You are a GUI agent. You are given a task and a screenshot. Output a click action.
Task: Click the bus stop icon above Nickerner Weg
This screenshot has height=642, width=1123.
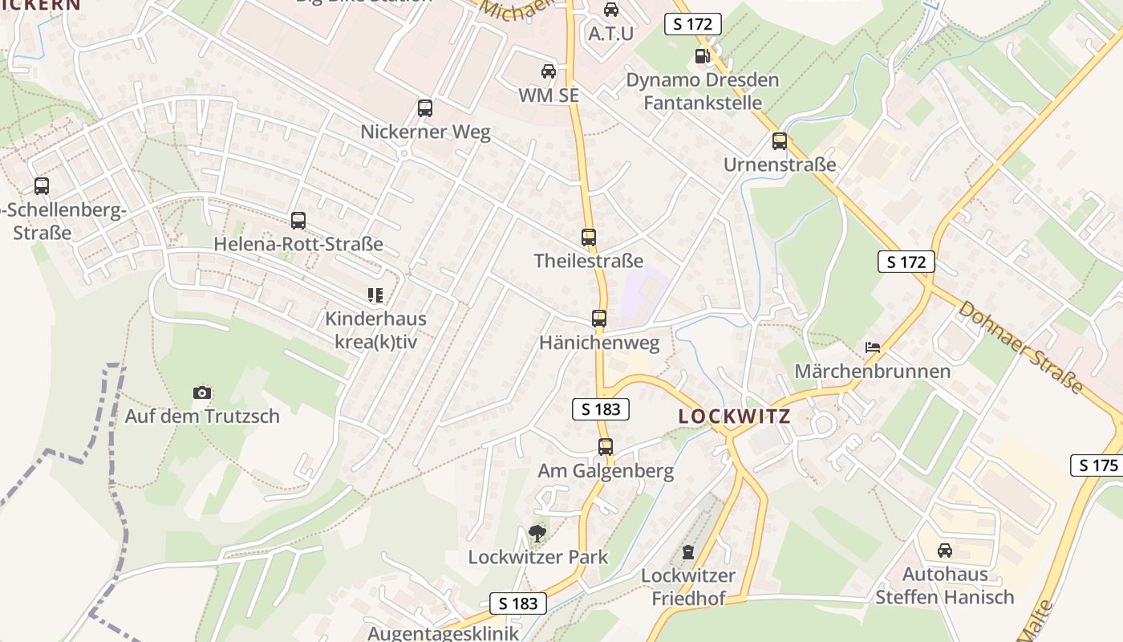click(x=425, y=108)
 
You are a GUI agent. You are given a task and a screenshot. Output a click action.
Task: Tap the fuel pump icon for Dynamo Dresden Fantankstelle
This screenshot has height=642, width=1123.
click(x=703, y=55)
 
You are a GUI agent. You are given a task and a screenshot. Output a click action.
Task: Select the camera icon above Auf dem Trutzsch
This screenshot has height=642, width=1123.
click(x=202, y=392)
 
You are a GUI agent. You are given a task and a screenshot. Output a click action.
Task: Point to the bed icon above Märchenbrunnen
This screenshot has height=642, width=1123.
click(x=873, y=347)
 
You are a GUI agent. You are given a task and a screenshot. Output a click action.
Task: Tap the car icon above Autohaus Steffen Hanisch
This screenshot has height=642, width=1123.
click(x=945, y=551)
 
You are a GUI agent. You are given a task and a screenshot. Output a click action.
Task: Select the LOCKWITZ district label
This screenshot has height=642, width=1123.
click(x=734, y=416)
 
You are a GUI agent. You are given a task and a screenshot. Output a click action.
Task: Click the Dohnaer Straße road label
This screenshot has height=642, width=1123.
click(x=1020, y=347)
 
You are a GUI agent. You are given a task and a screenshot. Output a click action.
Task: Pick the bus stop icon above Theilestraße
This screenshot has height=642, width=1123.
click(x=589, y=238)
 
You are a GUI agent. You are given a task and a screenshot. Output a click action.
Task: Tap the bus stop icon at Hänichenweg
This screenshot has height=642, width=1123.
click(x=599, y=319)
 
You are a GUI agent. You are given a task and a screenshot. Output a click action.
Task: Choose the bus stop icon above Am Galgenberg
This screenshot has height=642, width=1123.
click(x=606, y=447)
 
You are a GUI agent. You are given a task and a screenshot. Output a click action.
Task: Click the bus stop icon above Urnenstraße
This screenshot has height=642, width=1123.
click(x=779, y=141)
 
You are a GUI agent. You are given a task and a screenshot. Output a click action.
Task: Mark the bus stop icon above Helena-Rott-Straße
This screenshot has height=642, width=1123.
click(x=298, y=220)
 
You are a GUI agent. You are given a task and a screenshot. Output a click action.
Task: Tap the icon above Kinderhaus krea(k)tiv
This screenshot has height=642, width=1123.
click(x=375, y=295)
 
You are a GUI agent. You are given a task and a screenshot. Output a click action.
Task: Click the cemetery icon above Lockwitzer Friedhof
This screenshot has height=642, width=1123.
click(x=687, y=552)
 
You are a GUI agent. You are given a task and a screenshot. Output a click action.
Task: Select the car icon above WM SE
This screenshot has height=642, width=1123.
click(x=549, y=71)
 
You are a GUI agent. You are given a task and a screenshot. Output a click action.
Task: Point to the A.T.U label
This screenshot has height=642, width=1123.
click(x=611, y=33)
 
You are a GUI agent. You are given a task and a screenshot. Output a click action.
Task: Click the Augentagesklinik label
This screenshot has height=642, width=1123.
click(x=443, y=633)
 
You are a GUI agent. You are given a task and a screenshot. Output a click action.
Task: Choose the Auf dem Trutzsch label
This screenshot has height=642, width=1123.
click(x=202, y=416)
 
